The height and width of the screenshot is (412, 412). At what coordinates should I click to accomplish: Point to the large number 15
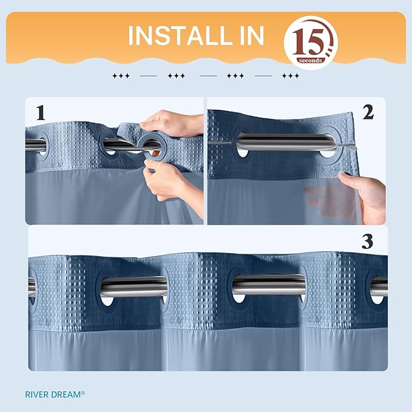pos(308,41)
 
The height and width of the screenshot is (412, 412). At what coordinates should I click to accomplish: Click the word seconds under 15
pos(310,61)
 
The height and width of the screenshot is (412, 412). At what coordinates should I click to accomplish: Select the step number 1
pos(41,113)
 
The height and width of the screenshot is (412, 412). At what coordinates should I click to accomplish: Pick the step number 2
pos(368,112)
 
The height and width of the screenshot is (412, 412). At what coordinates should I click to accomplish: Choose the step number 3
pos(367,241)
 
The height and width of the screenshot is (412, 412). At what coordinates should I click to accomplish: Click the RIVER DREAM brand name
pos(55,394)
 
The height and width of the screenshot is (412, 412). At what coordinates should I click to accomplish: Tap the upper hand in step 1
pos(171,124)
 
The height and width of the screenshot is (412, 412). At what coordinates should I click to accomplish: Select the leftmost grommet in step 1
pos(42,145)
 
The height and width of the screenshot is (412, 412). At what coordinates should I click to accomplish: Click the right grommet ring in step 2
pos(329,142)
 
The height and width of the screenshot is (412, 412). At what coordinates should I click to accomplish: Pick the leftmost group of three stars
pos(121,76)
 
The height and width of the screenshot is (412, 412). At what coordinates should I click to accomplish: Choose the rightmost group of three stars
pos(291,76)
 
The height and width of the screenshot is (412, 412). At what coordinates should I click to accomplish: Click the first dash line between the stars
pos(149,76)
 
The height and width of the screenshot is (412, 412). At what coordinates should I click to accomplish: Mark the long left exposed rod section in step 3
pos(134,286)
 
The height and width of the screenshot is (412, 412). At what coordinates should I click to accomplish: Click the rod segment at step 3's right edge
pos(379,286)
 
